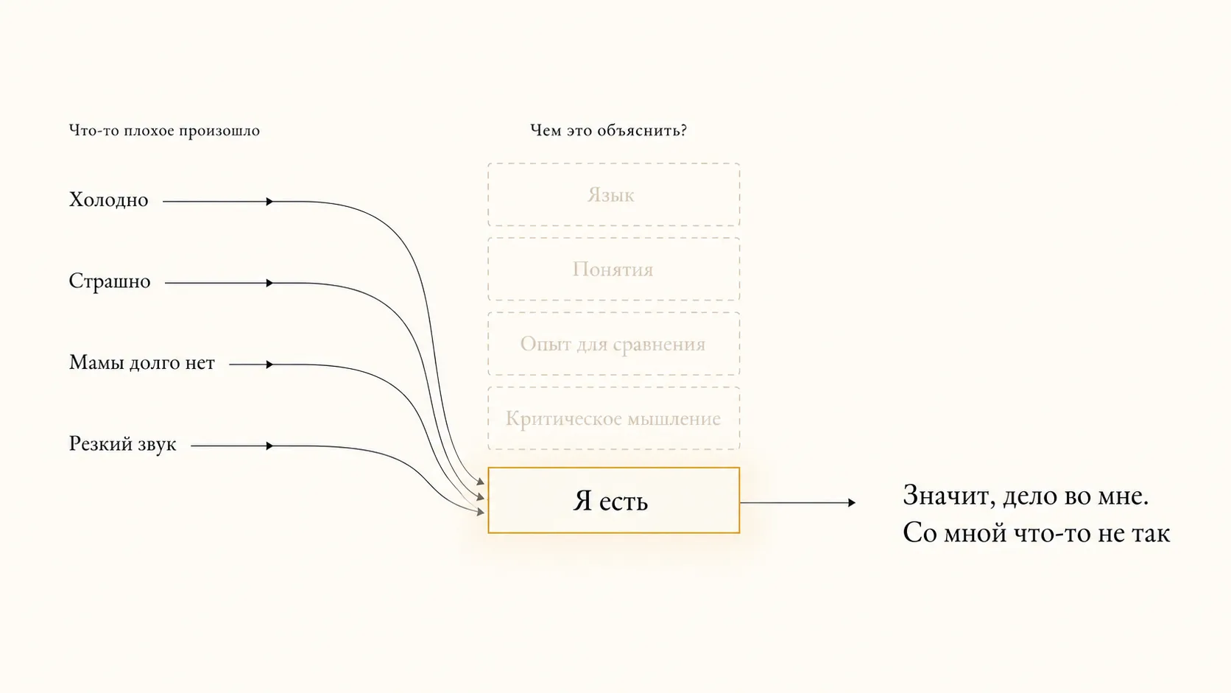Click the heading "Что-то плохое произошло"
click(164, 131)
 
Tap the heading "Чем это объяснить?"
click(608, 131)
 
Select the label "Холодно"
click(108, 200)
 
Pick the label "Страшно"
click(110, 281)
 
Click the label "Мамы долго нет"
click(142, 363)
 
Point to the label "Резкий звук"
click(122, 444)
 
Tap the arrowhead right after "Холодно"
click(269, 202)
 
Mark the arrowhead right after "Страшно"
click(269, 283)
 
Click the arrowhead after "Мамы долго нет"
click(269, 365)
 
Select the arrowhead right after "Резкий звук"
click(269, 446)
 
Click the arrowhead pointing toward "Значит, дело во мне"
click(852, 502)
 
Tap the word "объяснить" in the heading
click(642, 131)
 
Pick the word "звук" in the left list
click(157, 445)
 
